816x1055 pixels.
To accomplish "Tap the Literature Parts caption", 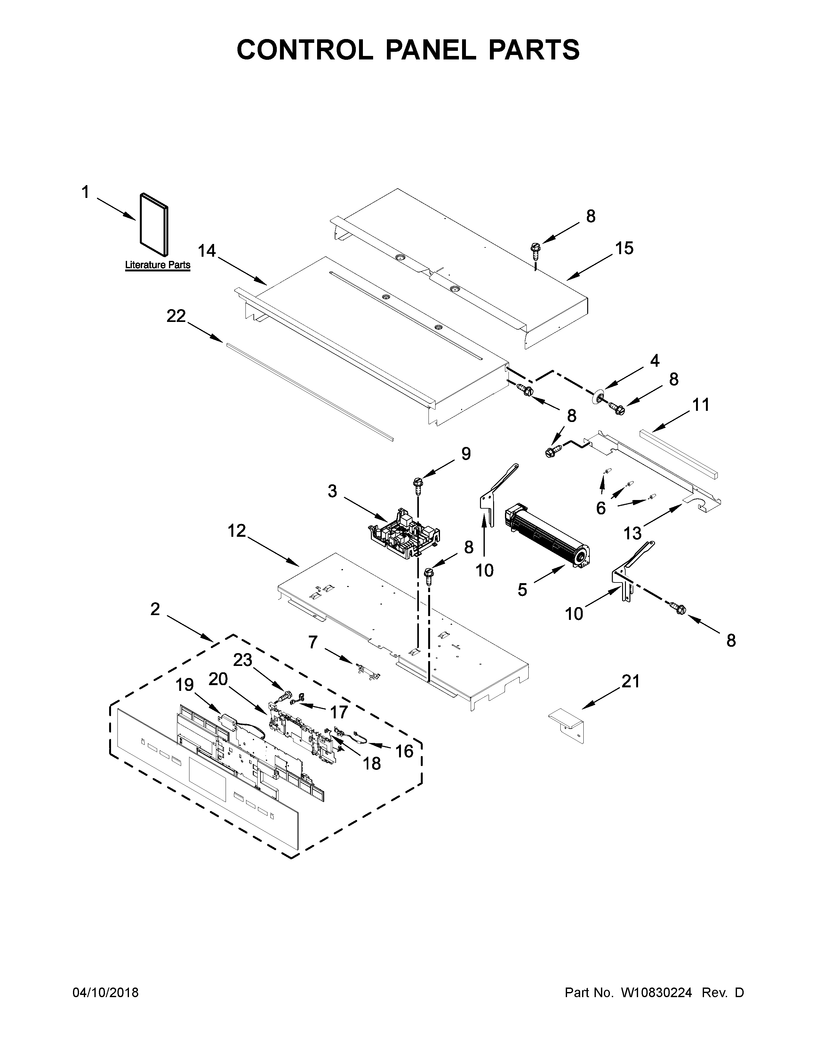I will [157, 265].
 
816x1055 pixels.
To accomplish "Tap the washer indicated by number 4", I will [599, 398].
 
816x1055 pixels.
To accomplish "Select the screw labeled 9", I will [418, 483].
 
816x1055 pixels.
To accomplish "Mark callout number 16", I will [404, 751].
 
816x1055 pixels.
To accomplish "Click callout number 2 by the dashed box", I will [155, 609].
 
